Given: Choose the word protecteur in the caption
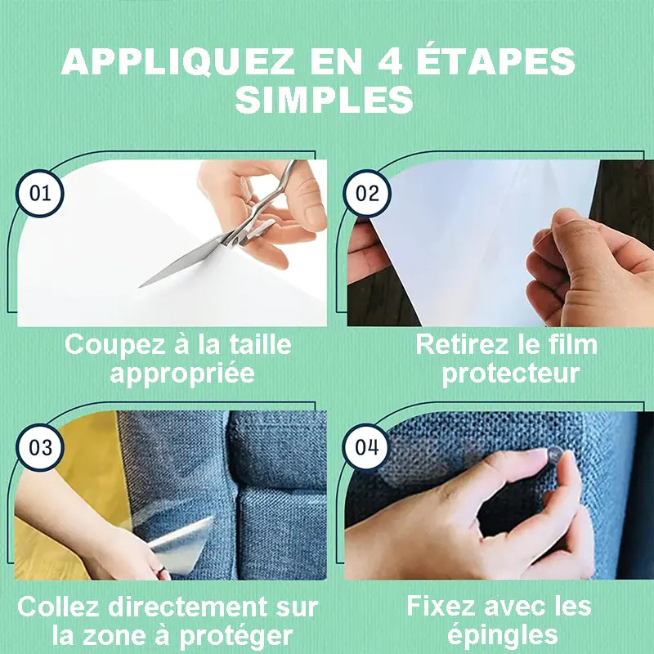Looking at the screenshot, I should coord(510,374).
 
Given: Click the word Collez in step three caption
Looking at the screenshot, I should coord(56,607).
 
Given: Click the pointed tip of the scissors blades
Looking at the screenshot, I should coord(141,286).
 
